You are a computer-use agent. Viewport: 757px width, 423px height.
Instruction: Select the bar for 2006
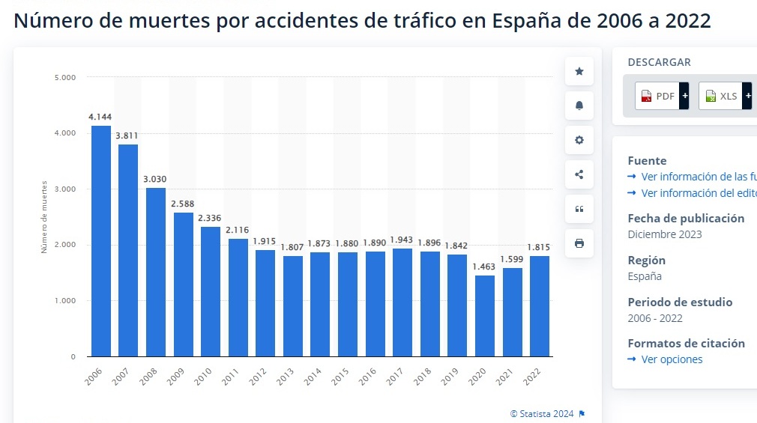(x=101, y=241)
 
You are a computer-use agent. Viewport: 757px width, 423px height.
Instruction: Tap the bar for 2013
(x=293, y=306)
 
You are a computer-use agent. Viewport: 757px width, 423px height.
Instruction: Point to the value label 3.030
(x=155, y=180)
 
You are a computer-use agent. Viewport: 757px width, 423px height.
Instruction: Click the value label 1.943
(x=402, y=240)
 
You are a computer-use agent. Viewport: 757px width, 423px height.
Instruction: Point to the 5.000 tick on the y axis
(x=65, y=77)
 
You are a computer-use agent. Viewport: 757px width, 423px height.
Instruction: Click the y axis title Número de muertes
(x=44, y=217)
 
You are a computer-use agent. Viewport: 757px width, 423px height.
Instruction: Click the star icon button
(x=579, y=71)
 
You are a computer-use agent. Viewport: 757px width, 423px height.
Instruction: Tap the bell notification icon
(x=579, y=106)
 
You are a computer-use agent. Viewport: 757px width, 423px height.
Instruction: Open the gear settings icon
(x=579, y=140)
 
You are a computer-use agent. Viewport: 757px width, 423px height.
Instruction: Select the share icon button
(x=579, y=174)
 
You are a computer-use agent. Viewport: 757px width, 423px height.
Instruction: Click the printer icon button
(x=579, y=243)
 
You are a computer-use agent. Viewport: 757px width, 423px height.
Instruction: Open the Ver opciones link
(x=672, y=359)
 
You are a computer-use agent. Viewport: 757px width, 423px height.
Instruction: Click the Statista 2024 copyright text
(x=542, y=413)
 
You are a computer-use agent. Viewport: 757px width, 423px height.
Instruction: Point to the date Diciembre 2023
(x=664, y=234)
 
